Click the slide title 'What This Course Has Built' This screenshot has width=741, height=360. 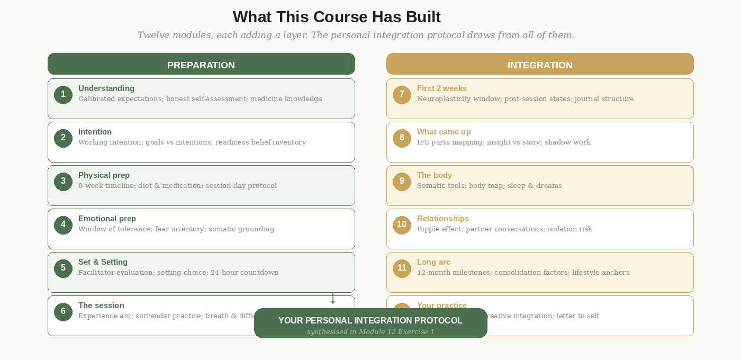click(x=337, y=17)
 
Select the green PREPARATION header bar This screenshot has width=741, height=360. click(x=201, y=64)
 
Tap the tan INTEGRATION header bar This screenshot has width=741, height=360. click(x=540, y=64)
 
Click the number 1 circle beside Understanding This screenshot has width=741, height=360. click(x=63, y=95)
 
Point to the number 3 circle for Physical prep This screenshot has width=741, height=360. click(x=63, y=182)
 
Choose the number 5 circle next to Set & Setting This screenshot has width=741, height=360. click(x=63, y=268)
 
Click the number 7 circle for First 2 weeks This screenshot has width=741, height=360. click(x=402, y=95)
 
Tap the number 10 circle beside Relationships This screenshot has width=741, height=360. click(x=402, y=225)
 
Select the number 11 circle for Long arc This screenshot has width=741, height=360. click(x=402, y=268)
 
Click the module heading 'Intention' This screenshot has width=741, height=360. click(x=95, y=132)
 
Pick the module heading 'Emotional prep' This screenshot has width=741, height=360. click(x=107, y=219)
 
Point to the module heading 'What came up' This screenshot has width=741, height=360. click(x=444, y=132)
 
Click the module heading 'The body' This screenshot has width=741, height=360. click(x=434, y=175)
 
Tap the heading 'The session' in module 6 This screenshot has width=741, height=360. click(x=101, y=305)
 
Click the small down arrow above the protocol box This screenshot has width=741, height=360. click(x=333, y=299)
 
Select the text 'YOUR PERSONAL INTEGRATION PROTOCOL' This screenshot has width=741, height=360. click(x=370, y=320)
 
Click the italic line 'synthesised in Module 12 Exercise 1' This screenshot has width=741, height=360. click(x=370, y=332)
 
